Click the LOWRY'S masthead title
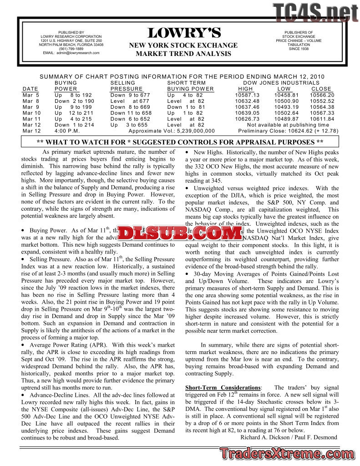tap(184, 33)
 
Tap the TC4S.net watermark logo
tap(315, 13)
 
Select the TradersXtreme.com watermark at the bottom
tap(289, 454)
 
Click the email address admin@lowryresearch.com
tap(71, 53)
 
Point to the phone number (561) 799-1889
tap(71, 49)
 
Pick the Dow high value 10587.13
tap(247, 95)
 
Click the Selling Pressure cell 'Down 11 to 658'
tap(131, 113)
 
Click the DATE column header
tap(30, 89)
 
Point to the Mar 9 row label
tap(30, 107)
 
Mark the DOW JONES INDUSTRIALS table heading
tap(281, 83)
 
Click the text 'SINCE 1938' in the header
tap(299, 49)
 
